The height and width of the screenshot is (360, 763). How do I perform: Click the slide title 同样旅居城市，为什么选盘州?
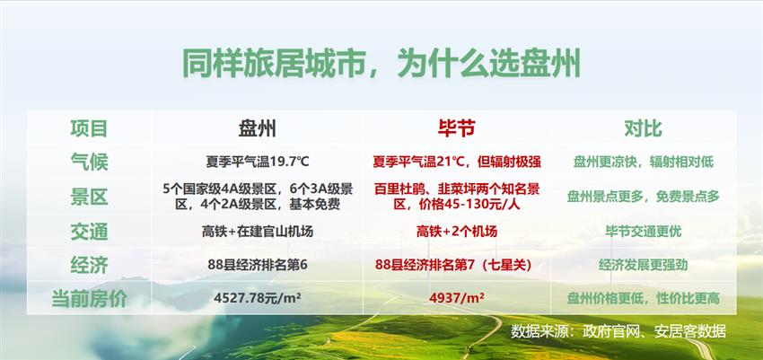381,63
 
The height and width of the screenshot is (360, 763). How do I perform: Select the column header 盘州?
258,129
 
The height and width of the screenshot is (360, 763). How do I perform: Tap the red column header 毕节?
456,128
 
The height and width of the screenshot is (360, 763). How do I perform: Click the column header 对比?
643,128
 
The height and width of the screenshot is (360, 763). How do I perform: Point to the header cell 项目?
89,129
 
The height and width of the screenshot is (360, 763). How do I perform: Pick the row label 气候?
89,162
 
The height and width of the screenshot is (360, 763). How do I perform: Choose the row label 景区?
89,197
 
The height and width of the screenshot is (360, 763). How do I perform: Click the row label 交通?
89,232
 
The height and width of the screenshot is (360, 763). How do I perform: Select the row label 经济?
89,266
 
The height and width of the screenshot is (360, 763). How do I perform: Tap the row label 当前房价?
89,299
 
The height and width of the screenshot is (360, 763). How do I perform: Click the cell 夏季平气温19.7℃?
258,162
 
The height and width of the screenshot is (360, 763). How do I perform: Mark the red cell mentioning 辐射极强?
457,162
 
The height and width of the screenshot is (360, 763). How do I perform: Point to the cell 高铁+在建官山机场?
258,232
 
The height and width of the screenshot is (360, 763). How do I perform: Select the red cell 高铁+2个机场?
457,232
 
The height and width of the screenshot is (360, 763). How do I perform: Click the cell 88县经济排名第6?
258,265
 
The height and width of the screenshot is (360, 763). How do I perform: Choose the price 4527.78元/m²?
258,297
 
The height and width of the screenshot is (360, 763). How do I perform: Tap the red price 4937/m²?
457,297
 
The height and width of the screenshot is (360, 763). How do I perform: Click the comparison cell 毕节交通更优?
644,232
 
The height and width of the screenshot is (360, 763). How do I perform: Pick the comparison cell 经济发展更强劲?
644,265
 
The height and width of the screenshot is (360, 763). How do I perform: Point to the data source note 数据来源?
618,332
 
